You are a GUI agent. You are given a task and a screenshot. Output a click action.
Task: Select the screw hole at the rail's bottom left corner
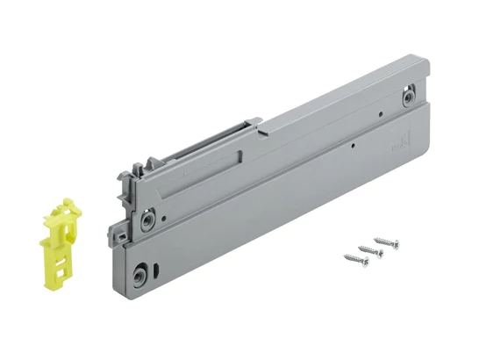click(140, 277)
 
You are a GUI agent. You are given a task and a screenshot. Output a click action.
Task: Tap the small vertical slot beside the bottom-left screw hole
click(156, 267)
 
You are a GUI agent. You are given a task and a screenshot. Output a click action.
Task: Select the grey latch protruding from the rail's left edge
click(115, 234)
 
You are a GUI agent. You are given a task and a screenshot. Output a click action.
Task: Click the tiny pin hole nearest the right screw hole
click(378, 114)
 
